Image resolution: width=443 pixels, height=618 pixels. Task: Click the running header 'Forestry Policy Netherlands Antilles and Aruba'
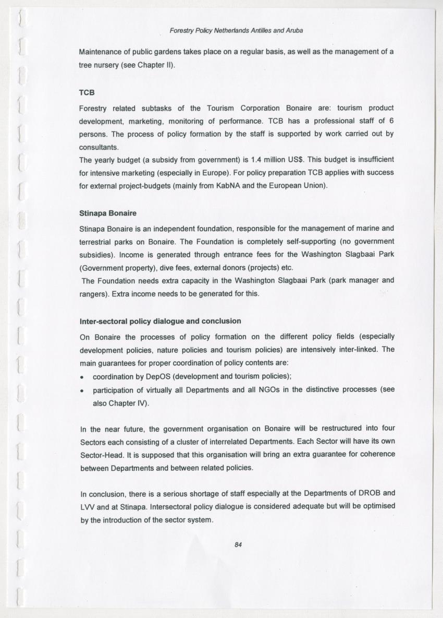coord(237,30)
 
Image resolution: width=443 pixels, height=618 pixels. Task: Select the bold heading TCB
coord(87,92)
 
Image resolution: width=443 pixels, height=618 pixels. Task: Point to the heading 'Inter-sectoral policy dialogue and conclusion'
coord(160,321)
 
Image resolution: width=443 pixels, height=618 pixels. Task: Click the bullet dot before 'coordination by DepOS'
coord(82,377)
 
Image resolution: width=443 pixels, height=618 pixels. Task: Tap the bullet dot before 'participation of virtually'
coord(82,390)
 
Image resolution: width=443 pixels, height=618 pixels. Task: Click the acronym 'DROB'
coord(370,493)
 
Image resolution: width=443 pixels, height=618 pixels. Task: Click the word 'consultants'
coord(99,147)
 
